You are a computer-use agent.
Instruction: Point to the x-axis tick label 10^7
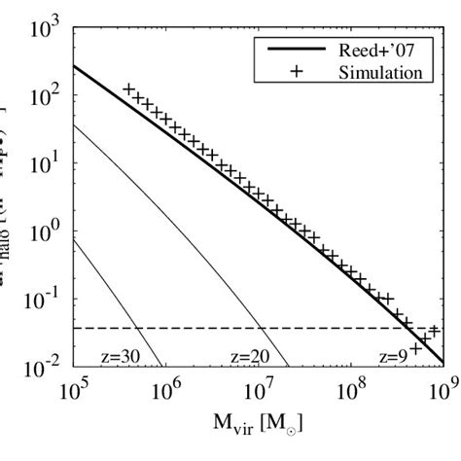tap(260, 392)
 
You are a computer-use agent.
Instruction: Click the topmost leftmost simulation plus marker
tap(129, 89)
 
